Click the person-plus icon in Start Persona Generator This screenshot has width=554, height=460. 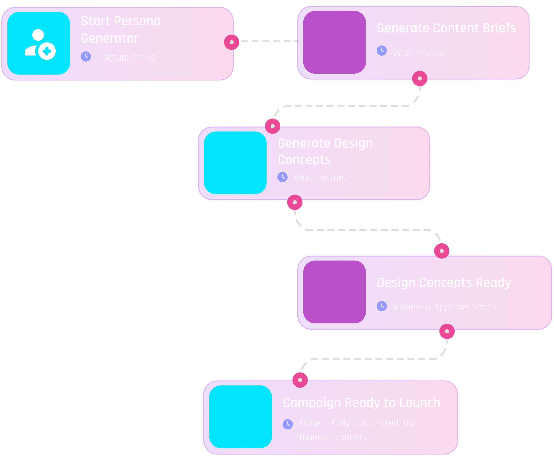(40, 44)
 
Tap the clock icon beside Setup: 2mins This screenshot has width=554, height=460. (86, 57)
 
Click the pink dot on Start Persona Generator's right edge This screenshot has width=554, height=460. (232, 42)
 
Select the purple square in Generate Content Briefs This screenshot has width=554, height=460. (335, 42)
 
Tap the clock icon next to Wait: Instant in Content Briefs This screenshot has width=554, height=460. (382, 51)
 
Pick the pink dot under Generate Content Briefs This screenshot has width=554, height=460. (420, 78)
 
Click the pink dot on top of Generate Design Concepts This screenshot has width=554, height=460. (272, 126)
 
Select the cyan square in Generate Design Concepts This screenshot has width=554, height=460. (235, 163)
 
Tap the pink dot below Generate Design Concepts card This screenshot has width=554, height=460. (295, 202)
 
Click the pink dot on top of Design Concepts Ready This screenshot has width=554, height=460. (442, 251)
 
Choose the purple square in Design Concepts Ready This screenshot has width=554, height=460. (335, 292)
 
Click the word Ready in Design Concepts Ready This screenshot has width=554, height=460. (494, 283)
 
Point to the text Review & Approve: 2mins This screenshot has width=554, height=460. (445, 307)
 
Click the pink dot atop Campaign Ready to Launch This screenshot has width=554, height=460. (300, 380)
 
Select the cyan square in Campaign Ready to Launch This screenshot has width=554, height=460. (241, 417)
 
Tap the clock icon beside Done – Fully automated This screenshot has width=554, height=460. (288, 424)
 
